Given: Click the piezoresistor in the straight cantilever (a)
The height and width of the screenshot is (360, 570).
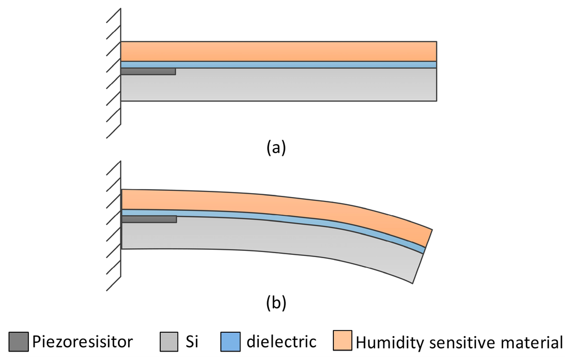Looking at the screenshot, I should [148, 71].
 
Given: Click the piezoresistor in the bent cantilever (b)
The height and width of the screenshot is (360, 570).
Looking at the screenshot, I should [149, 219].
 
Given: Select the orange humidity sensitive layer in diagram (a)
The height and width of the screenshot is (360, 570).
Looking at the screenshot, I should [278, 51].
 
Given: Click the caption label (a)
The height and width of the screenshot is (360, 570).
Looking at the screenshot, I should [276, 147].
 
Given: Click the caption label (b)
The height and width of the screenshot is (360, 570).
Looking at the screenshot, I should [276, 303].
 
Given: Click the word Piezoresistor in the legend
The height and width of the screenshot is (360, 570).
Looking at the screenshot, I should [82, 341].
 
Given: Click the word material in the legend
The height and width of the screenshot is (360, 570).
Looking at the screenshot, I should [529, 341].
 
